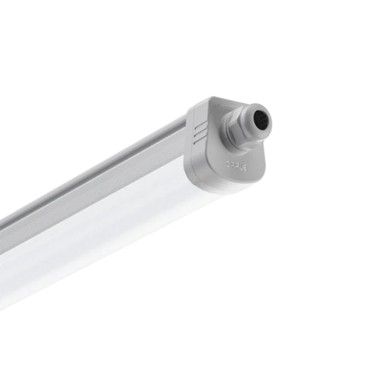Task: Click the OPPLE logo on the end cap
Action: pos(236,165)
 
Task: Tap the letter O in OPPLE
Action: pos(228,164)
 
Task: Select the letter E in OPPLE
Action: pos(244,167)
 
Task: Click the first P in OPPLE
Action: pos(232,164)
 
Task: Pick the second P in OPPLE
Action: pos(236,165)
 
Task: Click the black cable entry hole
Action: pos(261,119)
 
